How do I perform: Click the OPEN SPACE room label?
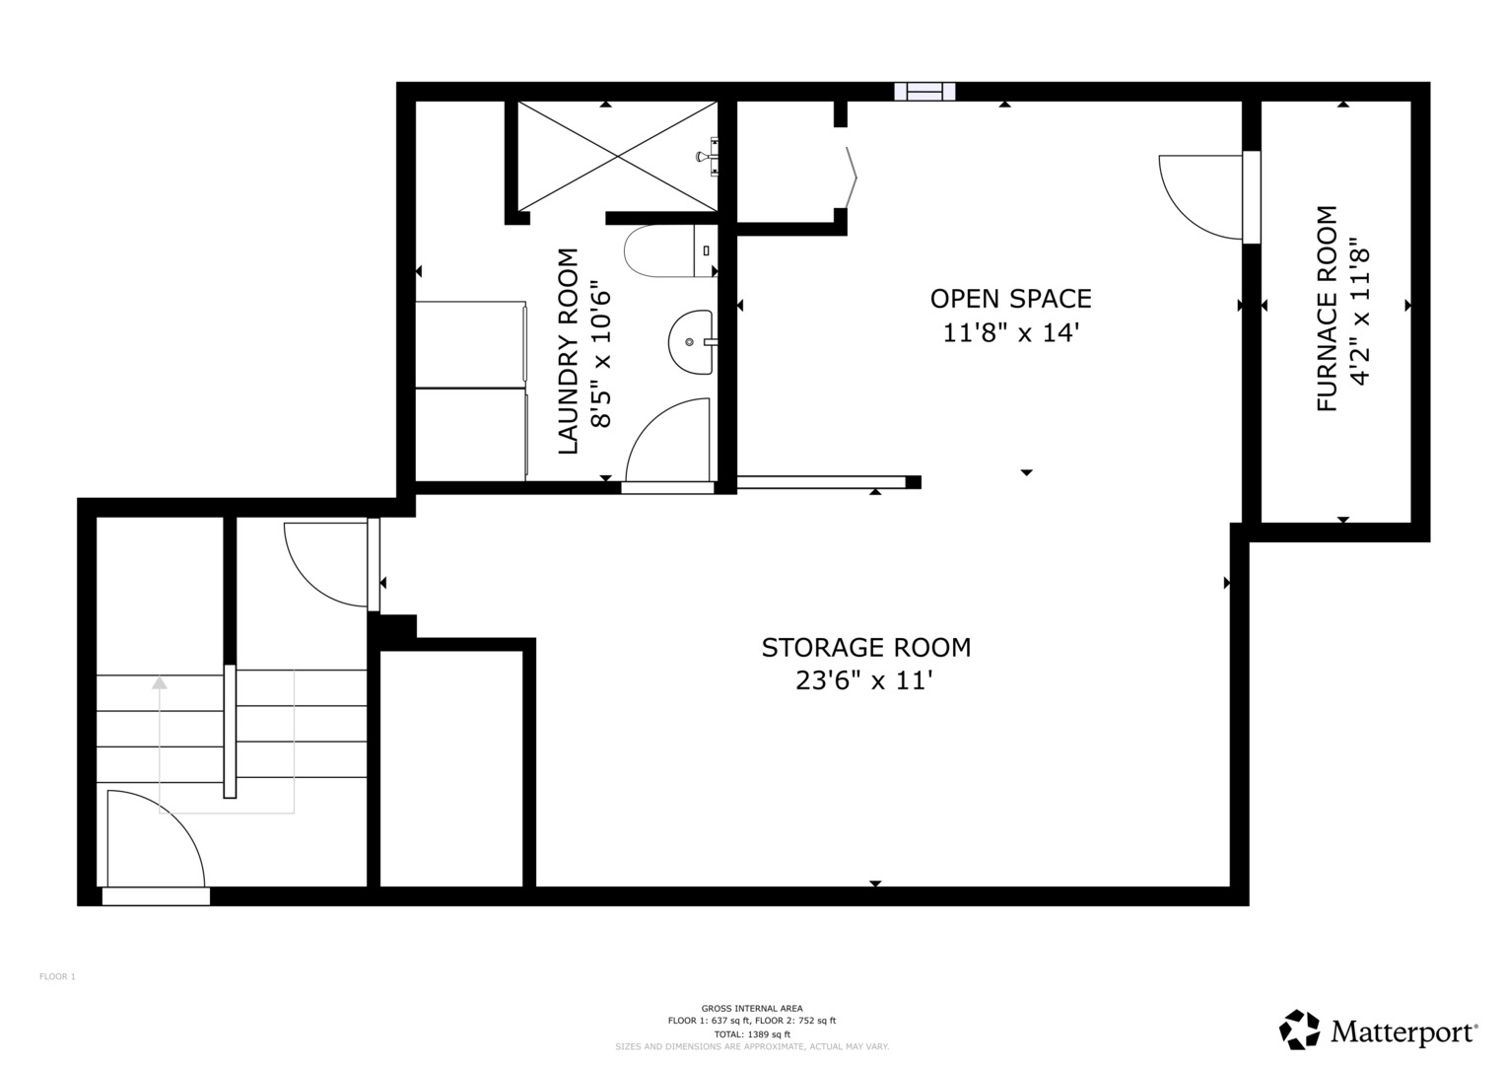pyautogui.click(x=1010, y=299)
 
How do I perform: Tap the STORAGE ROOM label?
pyautogui.click(x=866, y=648)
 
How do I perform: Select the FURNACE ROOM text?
pyautogui.click(x=1327, y=308)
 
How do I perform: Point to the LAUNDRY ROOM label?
pyautogui.click(x=569, y=351)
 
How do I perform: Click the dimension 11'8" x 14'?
pyautogui.click(x=1010, y=333)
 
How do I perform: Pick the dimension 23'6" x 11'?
pyautogui.click(x=864, y=681)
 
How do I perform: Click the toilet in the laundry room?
pyautogui.click(x=670, y=250)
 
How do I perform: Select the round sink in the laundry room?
pyautogui.click(x=691, y=342)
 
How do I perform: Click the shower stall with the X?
pyautogui.click(x=617, y=157)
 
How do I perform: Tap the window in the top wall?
pyautogui.click(x=924, y=92)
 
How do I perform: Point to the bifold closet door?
pyautogui.click(x=852, y=177)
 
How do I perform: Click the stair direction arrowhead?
pyautogui.click(x=160, y=683)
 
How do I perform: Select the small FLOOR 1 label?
pyautogui.click(x=58, y=976)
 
